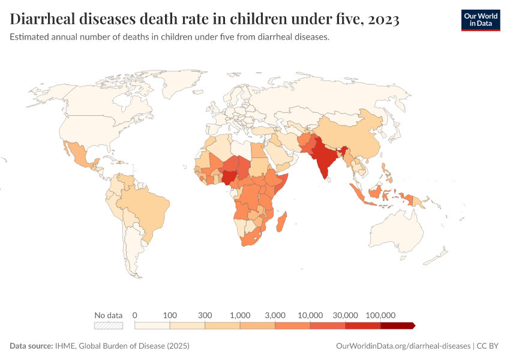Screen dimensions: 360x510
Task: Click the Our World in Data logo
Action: coord(480,20)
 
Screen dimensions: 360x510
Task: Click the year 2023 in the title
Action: coord(380,19)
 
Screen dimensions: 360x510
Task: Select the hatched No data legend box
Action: coord(109,326)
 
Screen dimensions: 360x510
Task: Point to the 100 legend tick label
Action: coord(170,315)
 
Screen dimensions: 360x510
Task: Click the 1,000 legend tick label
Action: coord(240,315)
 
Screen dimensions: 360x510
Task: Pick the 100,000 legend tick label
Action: coord(380,315)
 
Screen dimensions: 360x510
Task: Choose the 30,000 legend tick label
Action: coord(346,315)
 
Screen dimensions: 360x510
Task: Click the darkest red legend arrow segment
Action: coord(397,326)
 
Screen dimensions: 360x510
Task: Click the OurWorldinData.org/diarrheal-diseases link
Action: coord(403,346)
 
